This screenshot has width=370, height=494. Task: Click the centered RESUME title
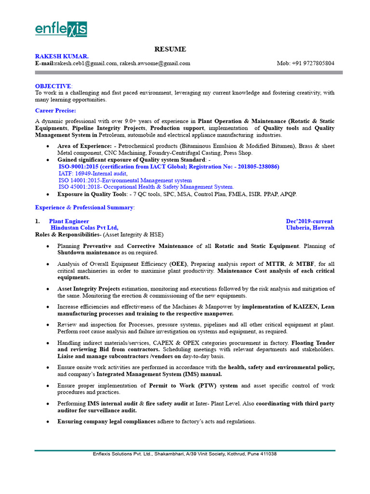[170, 49]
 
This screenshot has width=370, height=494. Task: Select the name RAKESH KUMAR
[62, 56]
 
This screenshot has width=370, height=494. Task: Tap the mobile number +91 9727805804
[305, 63]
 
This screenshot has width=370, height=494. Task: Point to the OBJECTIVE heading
[53, 86]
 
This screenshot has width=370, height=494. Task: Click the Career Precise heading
[55, 110]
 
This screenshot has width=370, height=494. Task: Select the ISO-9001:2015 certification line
[169, 166]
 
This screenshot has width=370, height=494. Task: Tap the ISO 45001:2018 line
[146, 187]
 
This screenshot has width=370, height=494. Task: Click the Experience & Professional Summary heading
[85, 207]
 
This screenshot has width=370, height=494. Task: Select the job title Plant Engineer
[69, 221]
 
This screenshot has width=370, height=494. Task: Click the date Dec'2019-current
[309, 221]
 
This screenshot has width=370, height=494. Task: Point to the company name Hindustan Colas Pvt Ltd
[84, 228]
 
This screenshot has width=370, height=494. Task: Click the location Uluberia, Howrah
[310, 228]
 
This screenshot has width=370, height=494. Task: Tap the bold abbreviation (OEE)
[176, 264]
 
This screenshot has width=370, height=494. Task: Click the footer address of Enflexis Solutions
[185, 454]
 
